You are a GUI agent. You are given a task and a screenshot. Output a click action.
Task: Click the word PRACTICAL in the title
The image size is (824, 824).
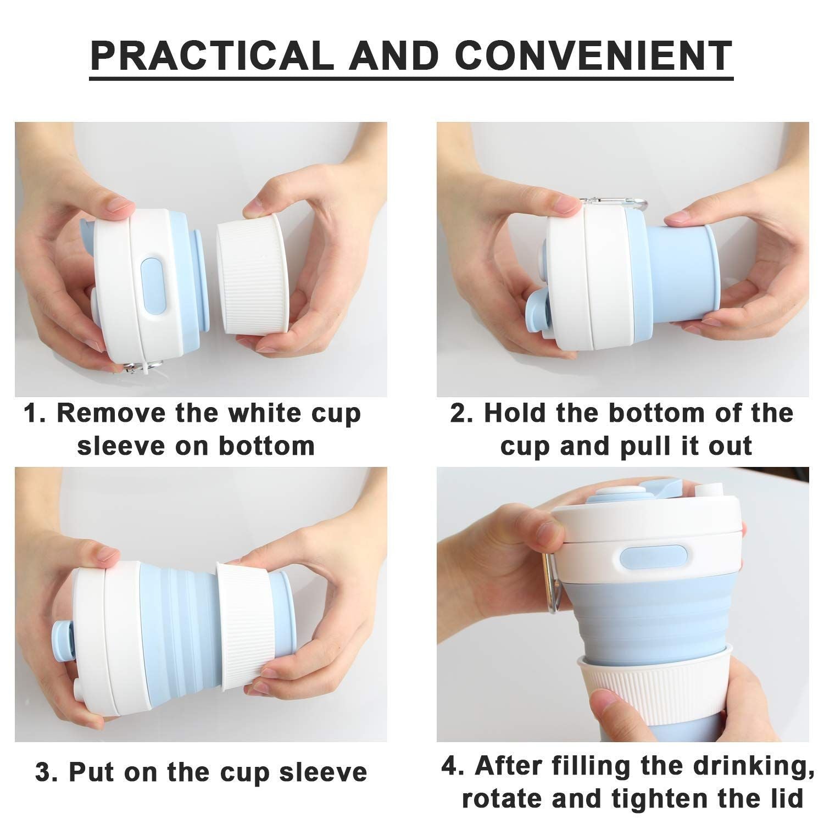tap(212, 55)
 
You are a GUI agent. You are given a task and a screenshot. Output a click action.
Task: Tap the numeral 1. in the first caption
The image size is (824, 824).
tap(36, 413)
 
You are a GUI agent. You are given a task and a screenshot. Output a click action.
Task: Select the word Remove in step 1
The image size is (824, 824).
tap(113, 413)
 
